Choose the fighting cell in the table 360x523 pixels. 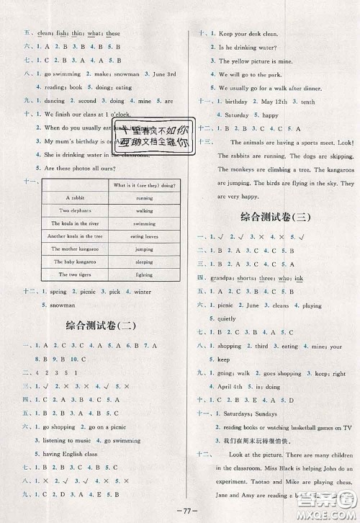click(x=143, y=275)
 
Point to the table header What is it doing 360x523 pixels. click(x=143, y=184)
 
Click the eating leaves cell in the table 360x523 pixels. click(x=143, y=236)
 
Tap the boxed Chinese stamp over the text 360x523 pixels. click(x=153, y=135)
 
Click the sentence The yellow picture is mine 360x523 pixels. click(x=252, y=61)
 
